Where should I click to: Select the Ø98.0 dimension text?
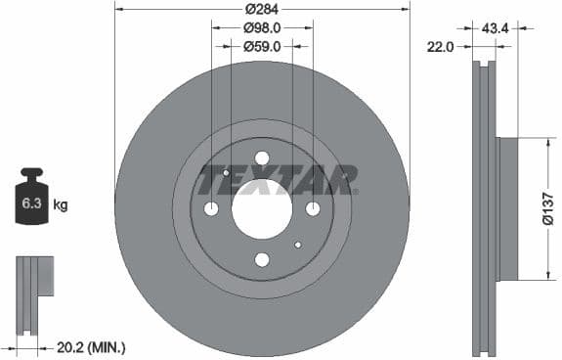click(262, 27)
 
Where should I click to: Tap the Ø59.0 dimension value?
click(262, 46)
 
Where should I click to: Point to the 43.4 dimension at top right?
click(496, 27)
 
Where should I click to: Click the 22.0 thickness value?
click(440, 46)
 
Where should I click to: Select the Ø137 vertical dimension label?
click(548, 209)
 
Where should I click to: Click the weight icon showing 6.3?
click(31, 203)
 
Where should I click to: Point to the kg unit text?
click(61, 205)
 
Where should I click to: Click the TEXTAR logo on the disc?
click(278, 180)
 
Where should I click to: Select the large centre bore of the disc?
click(262, 208)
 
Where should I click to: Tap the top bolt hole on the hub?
click(262, 158)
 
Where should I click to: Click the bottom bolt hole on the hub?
click(262, 259)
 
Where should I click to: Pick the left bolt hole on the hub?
click(212, 208)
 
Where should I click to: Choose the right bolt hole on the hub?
click(313, 208)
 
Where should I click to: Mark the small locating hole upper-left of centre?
click(227, 173)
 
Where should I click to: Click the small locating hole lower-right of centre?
click(298, 245)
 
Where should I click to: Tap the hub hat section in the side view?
click(507, 209)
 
